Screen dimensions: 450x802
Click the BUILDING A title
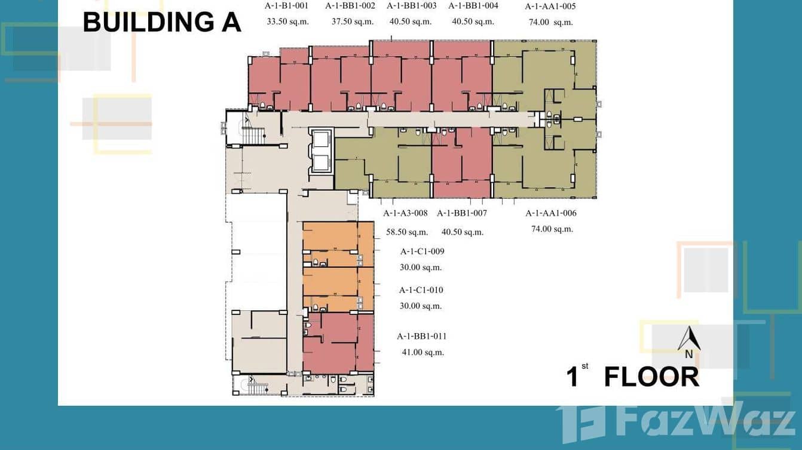click(x=161, y=22)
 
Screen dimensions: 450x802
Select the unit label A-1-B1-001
click(x=286, y=6)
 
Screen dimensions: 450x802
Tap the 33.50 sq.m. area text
click(x=286, y=21)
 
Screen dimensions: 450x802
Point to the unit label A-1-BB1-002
click(x=350, y=6)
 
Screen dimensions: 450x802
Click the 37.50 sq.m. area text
click(x=353, y=21)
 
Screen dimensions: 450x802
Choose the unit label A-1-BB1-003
click(x=411, y=6)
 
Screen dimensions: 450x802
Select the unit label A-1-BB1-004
click(x=473, y=6)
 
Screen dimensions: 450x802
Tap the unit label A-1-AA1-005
click(x=550, y=7)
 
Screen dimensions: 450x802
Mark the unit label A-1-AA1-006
click(x=551, y=213)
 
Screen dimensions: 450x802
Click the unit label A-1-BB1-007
click(x=462, y=213)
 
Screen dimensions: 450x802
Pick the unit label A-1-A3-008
click(x=405, y=213)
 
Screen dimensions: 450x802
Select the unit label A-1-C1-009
click(x=422, y=251)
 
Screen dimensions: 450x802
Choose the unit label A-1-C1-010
click(x=421, y=290)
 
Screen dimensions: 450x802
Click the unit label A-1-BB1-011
click(x=422, y=336)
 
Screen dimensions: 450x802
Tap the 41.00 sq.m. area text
click(x=423, y=352)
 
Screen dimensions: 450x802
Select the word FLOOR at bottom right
click(x=651, y=377)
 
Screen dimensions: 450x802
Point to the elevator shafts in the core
click(x=320, y=151)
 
